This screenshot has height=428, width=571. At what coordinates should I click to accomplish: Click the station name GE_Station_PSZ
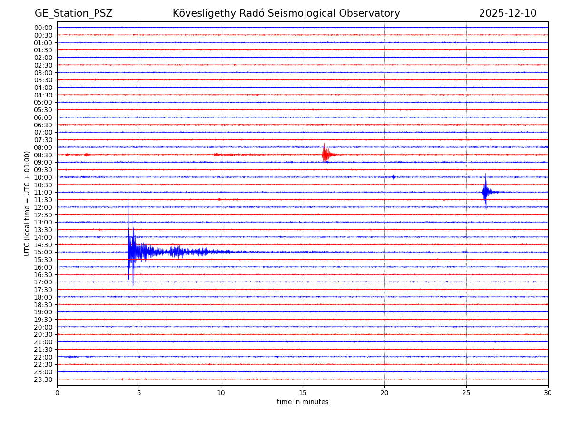[73, 13]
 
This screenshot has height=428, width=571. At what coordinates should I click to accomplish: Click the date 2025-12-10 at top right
[507, 13]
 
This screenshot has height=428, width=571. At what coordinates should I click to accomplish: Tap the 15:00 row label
[43, 252]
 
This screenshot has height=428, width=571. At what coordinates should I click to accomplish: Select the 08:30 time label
[43, 155]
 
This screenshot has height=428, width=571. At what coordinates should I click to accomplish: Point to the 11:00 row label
[43, 192]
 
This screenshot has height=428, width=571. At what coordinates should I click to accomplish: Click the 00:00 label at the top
[43, 28]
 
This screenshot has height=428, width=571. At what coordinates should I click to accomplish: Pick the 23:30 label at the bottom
[43, 379]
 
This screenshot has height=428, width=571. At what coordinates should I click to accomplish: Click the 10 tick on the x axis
[221, 393]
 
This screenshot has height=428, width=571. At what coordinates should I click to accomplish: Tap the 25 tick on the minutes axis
[466, 393]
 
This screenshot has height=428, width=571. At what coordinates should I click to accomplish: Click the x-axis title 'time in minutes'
[303, 402]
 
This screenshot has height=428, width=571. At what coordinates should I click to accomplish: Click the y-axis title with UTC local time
[28, 203]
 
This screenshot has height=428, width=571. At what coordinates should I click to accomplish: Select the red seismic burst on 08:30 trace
[325, 154]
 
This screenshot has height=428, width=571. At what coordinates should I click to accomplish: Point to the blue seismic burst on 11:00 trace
[485, 192]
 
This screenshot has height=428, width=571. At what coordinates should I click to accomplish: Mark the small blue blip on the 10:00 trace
[394, 177]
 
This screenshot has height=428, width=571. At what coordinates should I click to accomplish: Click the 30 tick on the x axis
[548, 393]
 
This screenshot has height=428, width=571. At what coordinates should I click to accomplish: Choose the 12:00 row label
[43, 207]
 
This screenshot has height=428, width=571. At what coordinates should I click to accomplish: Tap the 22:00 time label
[43, 357]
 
